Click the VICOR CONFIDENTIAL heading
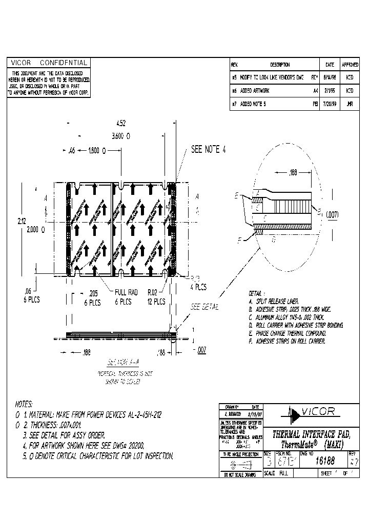[49, 63]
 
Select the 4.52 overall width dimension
[121, 124]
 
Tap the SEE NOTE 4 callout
[208, 150]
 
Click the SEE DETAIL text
[204, 307]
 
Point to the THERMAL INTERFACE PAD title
[312, 434]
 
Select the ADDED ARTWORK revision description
[254, 90]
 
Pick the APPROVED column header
[350, 65]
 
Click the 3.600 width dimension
[121, 136]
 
